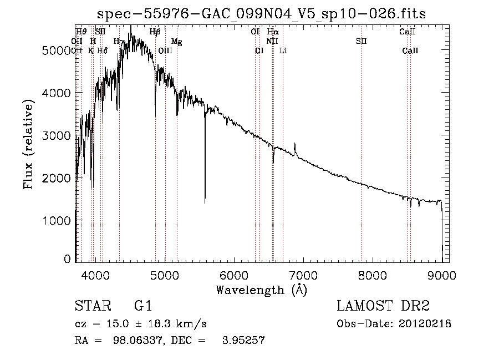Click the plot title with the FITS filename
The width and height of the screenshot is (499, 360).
click(x=261, y=14)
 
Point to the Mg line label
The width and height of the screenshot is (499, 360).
click(x=176, y=41)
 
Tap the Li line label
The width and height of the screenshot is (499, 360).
click(x=283, y=50)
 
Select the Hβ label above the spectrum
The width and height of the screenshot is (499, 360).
click(x=155, y=32)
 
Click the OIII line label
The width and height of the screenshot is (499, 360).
click(x=165, y=50)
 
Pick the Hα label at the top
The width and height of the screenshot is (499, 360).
click(x=273, y=32)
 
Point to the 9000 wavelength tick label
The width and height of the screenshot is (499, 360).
click(x=442, y=273)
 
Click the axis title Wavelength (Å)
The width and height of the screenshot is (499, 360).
click(x=261, y=289)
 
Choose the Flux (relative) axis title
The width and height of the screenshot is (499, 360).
click(x=29, y=144)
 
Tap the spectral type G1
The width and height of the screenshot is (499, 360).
click(x=143, y=307)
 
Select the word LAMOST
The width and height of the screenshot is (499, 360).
click(x=363, y=307)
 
